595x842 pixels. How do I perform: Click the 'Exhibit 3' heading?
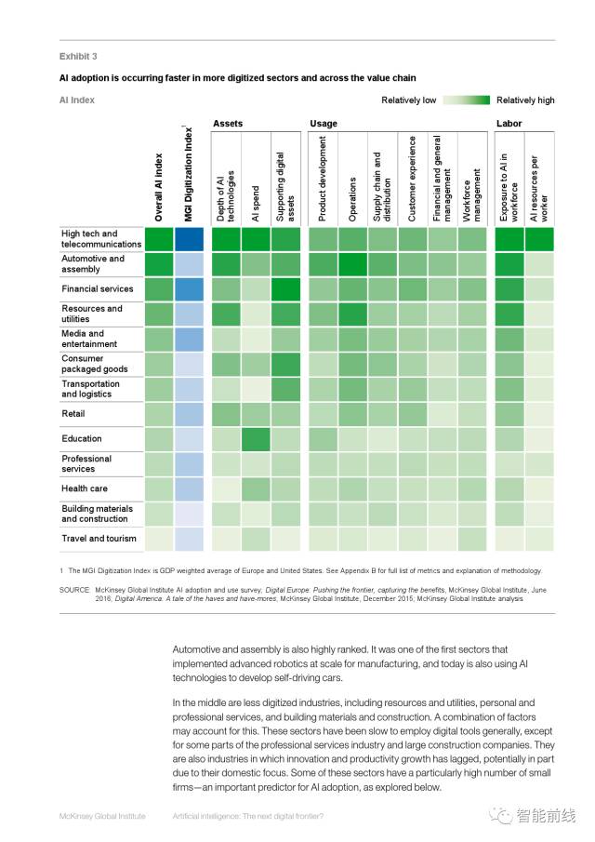(78, 56)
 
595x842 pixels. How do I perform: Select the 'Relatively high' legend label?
(525, 100)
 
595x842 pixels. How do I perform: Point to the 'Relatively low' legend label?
(408, 100)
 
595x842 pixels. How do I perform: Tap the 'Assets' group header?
(228, 124)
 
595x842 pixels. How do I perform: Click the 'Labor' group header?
(509, 124)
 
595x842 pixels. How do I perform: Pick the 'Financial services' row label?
(97, 288)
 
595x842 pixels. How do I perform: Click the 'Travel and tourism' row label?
(99, 539)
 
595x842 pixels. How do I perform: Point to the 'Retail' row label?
(73, 413)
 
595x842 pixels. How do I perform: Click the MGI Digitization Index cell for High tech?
(189, 239)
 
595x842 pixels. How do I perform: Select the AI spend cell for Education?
(256, 438)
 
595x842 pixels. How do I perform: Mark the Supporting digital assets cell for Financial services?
(286, 289)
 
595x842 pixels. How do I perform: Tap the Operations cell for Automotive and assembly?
(352, 264)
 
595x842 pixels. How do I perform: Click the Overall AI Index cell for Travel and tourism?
(159, 539)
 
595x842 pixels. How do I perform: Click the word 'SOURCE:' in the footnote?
(75, 590)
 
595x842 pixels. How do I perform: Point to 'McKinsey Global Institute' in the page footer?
(102, 816)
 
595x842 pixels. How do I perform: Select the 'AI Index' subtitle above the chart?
(77, 100)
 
